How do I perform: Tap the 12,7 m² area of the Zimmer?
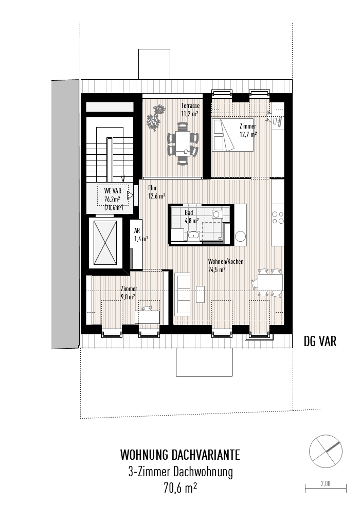(x=247, y=134)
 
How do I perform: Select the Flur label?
(x=152, y=188)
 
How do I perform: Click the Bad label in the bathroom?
(x=189, y=212)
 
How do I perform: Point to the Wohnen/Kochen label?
(x=225, y=261)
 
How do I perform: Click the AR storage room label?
(x=137, y=231)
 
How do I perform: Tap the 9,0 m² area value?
(x=128, y=297)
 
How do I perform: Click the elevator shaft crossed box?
(x=106, y=243)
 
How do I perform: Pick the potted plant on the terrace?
(x=156, y=117)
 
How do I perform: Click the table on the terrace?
(x=183, y=142)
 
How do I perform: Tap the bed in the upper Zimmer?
(x=232, y=134)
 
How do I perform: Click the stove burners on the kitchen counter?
(x=278, y=218)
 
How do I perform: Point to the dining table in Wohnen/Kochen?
(x=269, y=282)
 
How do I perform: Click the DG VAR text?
(x=320, y=341)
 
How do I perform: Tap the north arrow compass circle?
(x=326, y=449)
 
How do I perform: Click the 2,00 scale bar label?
(x=326, y=483)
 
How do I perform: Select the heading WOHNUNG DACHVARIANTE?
(x=179, y=455)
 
